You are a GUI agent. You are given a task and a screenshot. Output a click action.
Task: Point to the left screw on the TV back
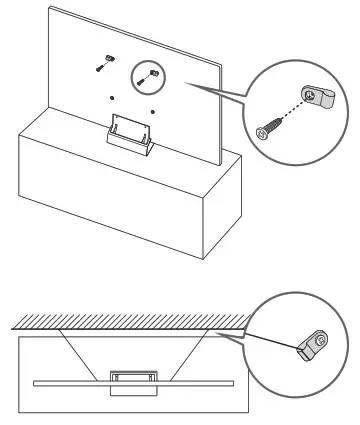[x=101, y=64]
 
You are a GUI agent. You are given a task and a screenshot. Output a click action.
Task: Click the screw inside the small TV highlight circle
[x=150, y=74]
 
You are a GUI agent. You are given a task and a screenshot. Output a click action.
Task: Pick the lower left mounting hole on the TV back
[x=112, y=98]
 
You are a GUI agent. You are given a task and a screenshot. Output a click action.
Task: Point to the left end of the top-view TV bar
[x=36, y=383]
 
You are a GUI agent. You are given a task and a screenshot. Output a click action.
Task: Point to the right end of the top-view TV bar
[x=234, y=383]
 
